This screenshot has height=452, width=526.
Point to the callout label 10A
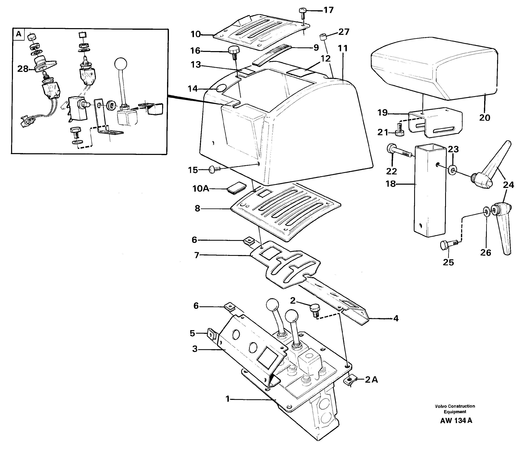[201, 189]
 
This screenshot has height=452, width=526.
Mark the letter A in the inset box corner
[18, 34]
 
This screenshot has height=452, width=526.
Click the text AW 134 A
[456, 421]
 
